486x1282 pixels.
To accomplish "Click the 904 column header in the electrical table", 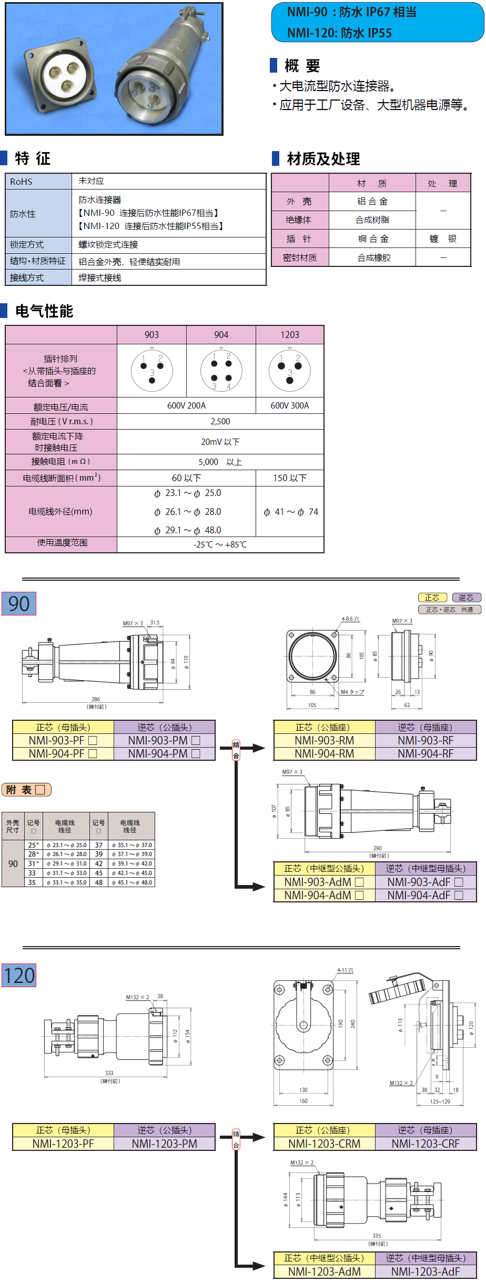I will click(221, 335).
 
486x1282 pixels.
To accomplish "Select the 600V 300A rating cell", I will click(290, 405).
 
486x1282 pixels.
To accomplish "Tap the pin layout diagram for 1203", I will click(290, 370).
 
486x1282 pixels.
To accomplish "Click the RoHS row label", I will click(22, 182).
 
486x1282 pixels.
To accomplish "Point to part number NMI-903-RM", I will click(324, 740).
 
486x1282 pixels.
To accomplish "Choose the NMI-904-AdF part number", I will click(425, 895).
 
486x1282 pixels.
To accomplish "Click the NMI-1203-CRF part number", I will click(426, 1144).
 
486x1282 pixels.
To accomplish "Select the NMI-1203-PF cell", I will click(63, 1144).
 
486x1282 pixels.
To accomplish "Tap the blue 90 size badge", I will click(19, 604).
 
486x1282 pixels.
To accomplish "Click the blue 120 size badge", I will click(19, 976).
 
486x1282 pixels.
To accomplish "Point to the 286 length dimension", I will click(96, 699).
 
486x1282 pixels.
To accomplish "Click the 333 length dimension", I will click(109, 1073).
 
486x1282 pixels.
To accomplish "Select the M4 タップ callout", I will click(352, 692).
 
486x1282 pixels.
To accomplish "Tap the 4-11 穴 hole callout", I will click(345, 970).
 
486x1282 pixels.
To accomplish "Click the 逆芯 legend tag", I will click(466, 598).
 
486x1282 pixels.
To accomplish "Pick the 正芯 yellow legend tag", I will click(432, 598).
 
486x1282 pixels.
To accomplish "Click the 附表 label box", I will click(26, 790).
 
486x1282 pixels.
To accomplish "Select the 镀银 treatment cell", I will click(443, 239).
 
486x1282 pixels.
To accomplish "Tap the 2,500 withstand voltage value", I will click(220, 421).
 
